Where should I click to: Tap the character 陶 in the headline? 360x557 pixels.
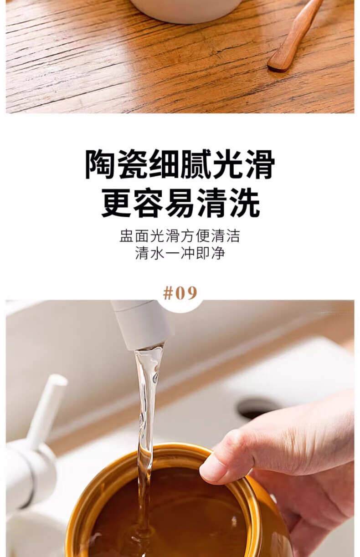101,164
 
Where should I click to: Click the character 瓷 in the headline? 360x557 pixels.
133,164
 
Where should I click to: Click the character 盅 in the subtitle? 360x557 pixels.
127,236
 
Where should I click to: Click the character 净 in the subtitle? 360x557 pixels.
218,253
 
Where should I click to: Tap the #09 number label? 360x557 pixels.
180,293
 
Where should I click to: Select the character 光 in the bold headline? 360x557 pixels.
228,164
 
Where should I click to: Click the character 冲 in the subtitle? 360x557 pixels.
188,253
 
